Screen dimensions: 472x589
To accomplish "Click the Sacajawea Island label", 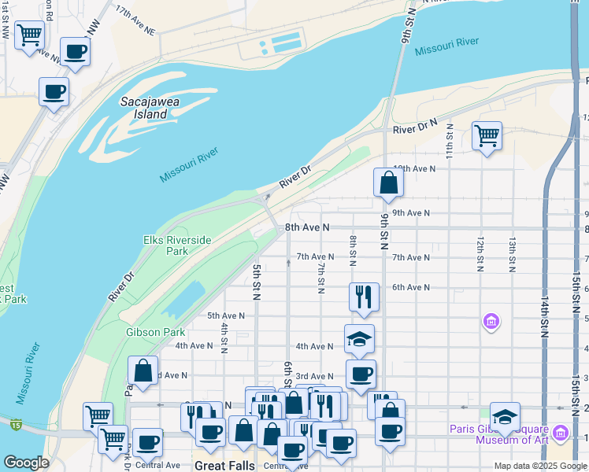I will pyautogui.click(x=144, y=108).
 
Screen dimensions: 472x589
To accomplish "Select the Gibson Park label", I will pyautogui.click(x=155, y=332).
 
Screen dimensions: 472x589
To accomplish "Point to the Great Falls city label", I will pyautogui.click(x=223, y=466).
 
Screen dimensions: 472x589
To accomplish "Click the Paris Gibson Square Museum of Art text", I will pyautogui.click(x=497, y=434).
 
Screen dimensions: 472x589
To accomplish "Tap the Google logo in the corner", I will pyautogui.click(x=26, y=463).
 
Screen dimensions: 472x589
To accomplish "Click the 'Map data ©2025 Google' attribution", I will pyautogui.click(x=540, y=466).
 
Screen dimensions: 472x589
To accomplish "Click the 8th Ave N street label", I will pyautogui.click(x=306, y=227).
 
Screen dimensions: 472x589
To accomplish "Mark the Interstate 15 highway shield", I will pyautogui.click(x=16, y=426).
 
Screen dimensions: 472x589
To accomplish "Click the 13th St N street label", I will pyautogui.click(x=512, y=255).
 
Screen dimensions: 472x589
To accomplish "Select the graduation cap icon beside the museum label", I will pyautogui.click(x=505, y=416).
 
